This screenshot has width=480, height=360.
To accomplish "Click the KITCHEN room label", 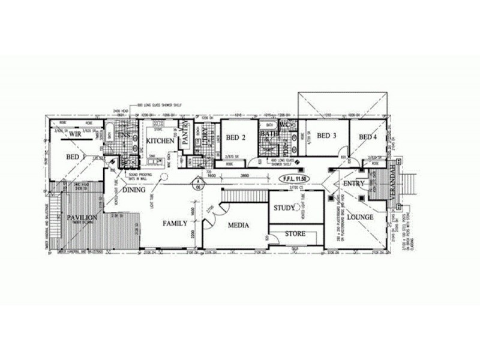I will coord(161,141).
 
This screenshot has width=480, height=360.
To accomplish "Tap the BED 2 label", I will coord(236,137).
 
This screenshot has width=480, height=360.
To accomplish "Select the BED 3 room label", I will coord(326,136).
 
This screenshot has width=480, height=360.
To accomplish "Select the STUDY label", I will coord(283,208).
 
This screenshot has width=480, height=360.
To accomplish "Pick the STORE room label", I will coord(295,233).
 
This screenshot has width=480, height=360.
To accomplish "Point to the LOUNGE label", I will coord(361,217).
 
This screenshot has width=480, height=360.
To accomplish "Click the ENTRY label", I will coord(355,183).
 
